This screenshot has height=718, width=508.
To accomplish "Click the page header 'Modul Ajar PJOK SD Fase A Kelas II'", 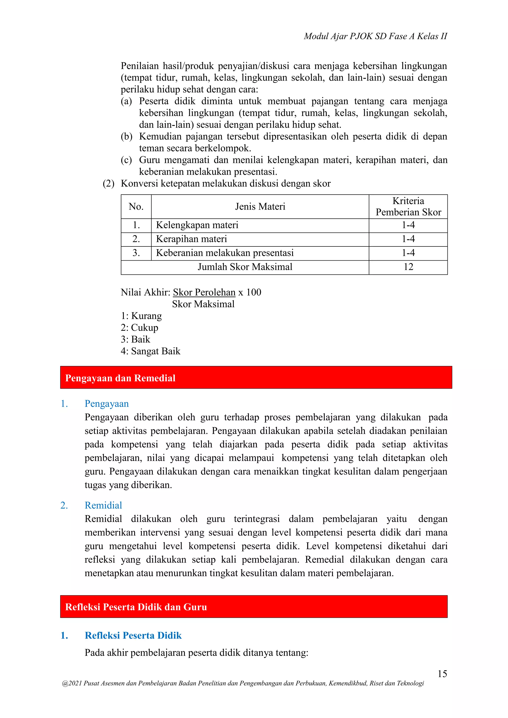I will (x=375, y=36).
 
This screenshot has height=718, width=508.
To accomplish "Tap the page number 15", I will (x=442, y=673).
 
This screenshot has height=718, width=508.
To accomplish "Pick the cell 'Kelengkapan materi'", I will (x=197, y=225).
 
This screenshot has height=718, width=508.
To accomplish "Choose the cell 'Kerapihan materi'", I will (x=191, y=239).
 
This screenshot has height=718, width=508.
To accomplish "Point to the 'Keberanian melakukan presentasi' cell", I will (x=224, y=253).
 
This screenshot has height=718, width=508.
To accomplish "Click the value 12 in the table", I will (x=408, y=267).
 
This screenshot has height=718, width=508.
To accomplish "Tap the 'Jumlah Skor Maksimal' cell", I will (x=245, y=267).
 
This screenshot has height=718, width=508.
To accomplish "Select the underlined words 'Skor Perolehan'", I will (x=204, y=292).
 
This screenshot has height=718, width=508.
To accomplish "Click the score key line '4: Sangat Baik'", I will (x=151, y=351).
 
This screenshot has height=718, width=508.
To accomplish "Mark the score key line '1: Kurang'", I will (x=141, y=316).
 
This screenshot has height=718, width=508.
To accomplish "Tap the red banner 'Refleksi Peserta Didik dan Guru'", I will (x=254, y=607).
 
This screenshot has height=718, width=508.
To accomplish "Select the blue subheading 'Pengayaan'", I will (x=107, y=403).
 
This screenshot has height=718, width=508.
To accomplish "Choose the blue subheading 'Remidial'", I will (x=103, y=505).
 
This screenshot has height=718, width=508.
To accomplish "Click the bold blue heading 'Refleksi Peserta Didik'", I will (x=133, y=635).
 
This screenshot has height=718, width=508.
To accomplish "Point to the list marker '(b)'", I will (x=126, y=136).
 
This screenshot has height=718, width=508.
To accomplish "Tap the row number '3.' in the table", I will (x=136, y=253).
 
